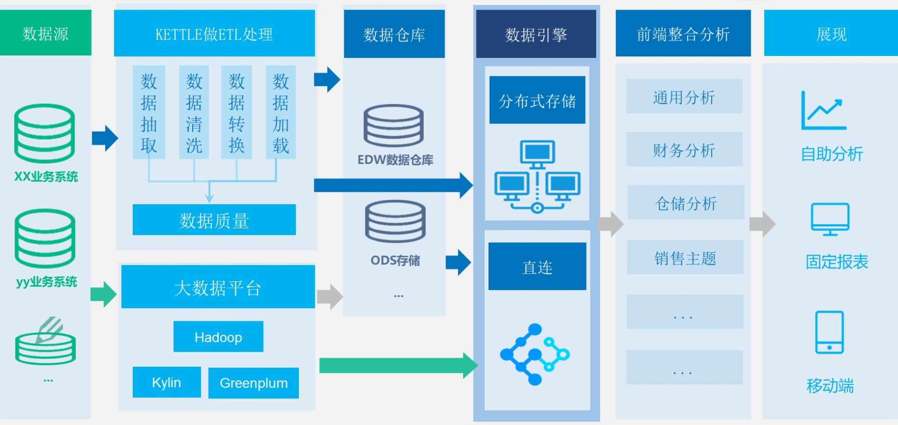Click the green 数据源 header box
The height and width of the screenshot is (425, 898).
click(45, 33)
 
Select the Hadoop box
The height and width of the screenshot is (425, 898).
click(218, 337)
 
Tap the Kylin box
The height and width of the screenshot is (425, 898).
click(167, 382)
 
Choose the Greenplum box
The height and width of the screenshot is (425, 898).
click(253, 383)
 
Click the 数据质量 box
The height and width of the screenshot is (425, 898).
click(214, 220)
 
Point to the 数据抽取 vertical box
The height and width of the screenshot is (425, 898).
click(149, 112)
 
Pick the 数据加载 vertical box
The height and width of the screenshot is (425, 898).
click(281, 112)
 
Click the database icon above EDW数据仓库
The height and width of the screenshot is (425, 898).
click(393, 125)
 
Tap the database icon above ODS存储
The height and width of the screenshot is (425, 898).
click(395, 221)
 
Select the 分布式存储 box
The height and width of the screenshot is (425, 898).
click(537, 100)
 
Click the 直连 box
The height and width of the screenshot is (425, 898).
click(537, 266)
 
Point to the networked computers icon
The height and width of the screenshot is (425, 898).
click(537, 177)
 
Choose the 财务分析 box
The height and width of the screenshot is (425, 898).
click(684, 150)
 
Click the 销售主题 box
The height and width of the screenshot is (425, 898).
click(685, 258)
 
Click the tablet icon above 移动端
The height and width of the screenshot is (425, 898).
click(829, 332)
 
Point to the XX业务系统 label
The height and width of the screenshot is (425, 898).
click(46, 177)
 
